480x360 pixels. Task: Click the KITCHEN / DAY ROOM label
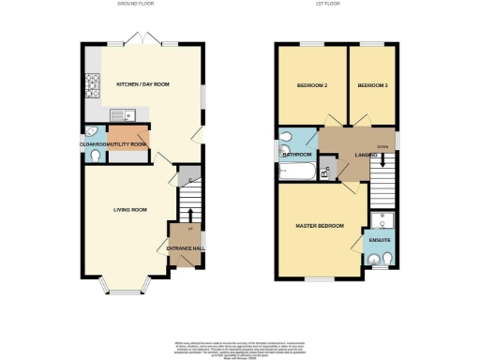pyautogui.click(x=142, y=84)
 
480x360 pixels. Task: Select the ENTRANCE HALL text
pyautogui.click(x=185, y=248)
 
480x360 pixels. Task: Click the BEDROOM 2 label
pyautogui.click(x=311, y=85)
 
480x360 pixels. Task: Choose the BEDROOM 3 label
pyautogui.click(x=372, y=85)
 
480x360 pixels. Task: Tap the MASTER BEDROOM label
pyautogui.click(x=320, y=226)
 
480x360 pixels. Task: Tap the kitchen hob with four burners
pyautogui.click(x=94, y=88)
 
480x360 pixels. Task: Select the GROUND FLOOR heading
pyautogui.click(x=135, y=5)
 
